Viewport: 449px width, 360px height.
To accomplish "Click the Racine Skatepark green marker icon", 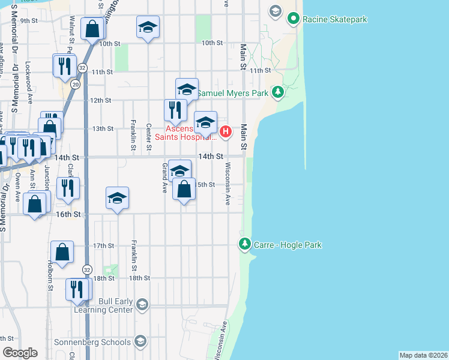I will pyautogui.click(x=293, y=19).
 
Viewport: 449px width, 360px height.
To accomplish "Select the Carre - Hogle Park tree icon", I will pyautogui.click(x=244, y=244).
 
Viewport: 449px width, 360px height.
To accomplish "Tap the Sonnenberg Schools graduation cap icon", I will pyautogui.click(x=140, y=342).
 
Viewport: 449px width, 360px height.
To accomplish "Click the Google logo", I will pyautogui.click(x=20, y=353).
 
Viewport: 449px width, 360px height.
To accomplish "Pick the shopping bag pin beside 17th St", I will pyautogui.click(x=62, y=253).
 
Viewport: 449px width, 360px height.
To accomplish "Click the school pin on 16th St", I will pyautogui.click(x=118, y=199).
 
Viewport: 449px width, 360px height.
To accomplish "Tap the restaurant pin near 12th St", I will pyautogui.click(x=175, y=110).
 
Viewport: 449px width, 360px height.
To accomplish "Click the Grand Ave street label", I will pyautogui.click(x=163, y=178).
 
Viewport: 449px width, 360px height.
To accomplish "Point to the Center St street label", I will pyautogui.click(x=148, y=136).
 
